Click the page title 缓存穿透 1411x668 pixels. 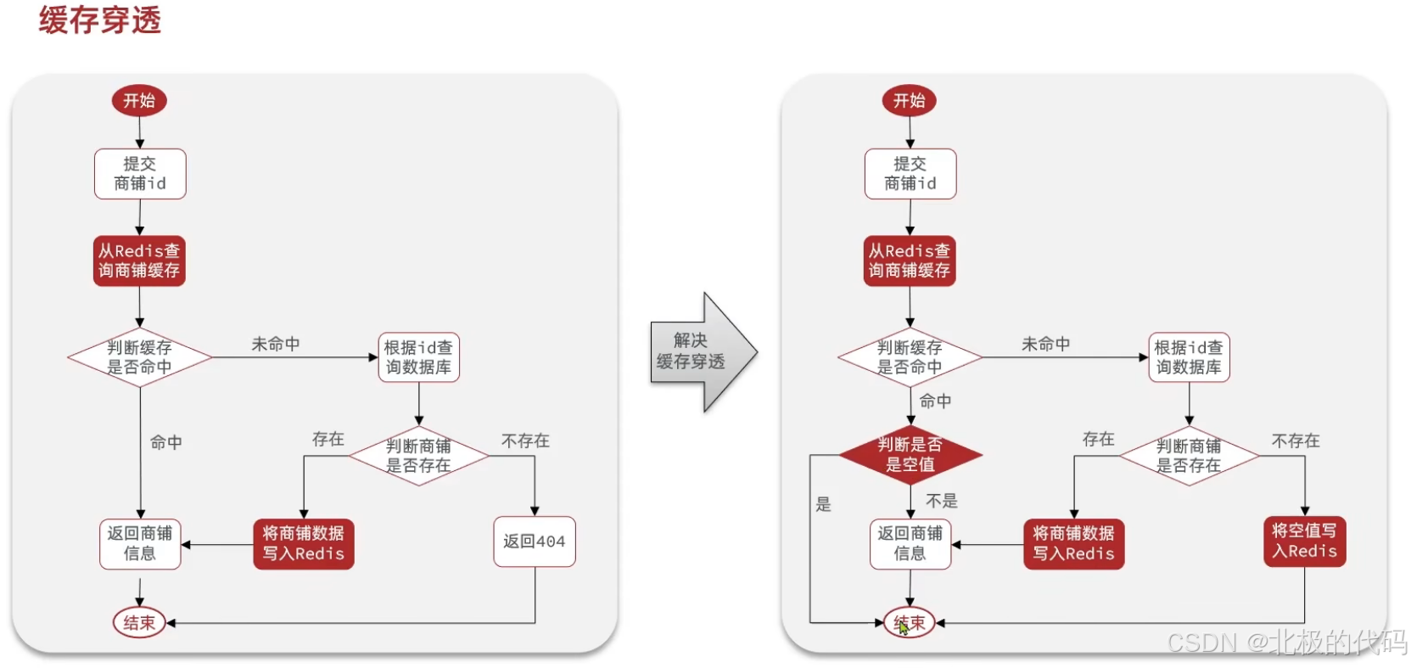pos(99,20)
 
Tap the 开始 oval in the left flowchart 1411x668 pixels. pos(139,101)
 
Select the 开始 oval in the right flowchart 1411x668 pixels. pos(910,101)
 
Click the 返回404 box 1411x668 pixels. pos(534,542)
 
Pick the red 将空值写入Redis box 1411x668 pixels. pos(1304,542)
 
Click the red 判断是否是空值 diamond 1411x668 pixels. pos(910,455)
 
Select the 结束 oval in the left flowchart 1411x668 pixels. pos(139,622)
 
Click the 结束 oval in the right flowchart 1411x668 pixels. pos(910,622)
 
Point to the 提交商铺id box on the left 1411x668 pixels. pos(140,174)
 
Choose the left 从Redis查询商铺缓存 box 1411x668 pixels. pos(139,261)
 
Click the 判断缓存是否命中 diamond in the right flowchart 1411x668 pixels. pos(910,357)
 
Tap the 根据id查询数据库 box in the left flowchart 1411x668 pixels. pos(418,357)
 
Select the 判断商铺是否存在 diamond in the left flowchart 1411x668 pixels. pos(418,456)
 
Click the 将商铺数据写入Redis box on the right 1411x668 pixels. pos(1073,544)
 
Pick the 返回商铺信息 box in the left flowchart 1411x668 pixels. pos(140,544)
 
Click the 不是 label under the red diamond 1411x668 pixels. pos(941,501)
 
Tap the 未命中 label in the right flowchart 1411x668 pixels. pos(1045,344)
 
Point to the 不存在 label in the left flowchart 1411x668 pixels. pos(525,441)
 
